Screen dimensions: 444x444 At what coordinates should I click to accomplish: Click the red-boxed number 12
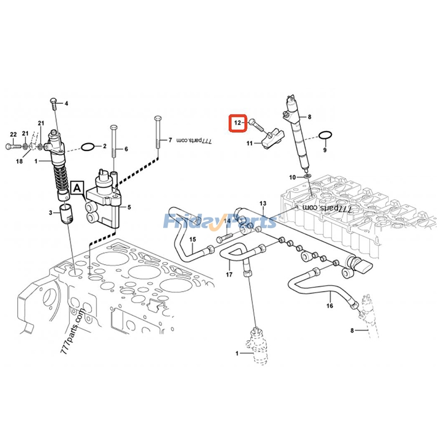point(237,122)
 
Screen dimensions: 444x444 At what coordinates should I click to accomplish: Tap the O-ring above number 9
point(326,135)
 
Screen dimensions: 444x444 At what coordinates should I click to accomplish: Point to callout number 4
point(66,104)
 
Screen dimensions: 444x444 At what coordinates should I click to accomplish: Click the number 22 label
point(13,134)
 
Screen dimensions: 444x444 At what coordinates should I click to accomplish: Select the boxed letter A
point(76,189)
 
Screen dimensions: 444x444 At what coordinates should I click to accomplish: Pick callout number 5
point(129,208)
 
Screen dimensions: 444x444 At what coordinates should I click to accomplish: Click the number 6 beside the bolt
point(126,149)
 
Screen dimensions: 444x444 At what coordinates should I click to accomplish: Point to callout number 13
point(263,205)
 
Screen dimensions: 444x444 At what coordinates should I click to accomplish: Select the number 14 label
point(227,221)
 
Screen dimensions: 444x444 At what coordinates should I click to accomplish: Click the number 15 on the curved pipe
point(193,240)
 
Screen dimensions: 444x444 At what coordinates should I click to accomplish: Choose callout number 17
point(228,275)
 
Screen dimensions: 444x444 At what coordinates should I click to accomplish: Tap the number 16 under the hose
point(329,305)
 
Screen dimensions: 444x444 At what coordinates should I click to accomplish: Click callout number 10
point(293,177)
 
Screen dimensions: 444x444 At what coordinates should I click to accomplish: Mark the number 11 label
point(250,144)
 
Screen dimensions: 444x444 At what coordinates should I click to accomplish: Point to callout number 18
point(19,162)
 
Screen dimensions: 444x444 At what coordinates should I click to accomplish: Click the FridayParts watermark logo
point(220,222)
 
